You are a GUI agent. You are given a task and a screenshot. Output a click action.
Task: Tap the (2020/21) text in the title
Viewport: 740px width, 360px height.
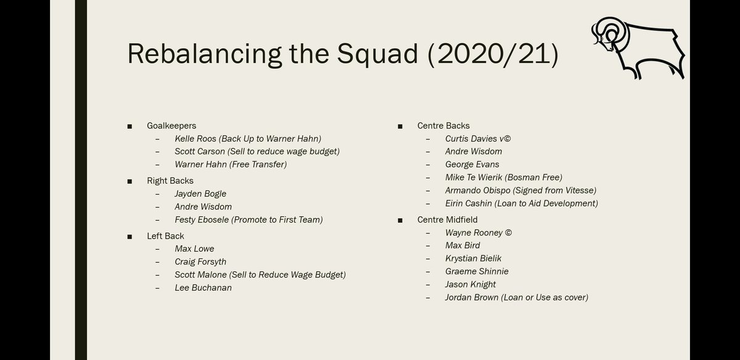[x=493, y=54]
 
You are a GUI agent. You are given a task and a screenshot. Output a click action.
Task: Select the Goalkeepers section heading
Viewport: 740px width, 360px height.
[x=171, y=126]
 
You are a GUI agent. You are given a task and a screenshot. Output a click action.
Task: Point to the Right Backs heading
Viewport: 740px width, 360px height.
[x=170, y=181]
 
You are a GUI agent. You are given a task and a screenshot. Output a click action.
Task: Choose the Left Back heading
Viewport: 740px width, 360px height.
[x=165, y=236]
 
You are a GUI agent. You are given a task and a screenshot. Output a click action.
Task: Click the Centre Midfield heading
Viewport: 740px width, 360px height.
[x=447, y=219]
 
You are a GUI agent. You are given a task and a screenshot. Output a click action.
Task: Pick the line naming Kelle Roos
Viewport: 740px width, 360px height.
[x=248, y=139]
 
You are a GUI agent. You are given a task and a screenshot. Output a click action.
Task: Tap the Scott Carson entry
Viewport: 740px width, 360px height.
[x=257, y=152]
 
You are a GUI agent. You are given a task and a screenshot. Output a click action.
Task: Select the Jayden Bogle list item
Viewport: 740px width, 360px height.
[x=200, y=194]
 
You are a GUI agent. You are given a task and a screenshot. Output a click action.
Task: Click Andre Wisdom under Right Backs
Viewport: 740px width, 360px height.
[x=203, y=207]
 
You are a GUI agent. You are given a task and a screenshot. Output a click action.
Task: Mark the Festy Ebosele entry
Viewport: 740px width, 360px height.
[x=249, y=219]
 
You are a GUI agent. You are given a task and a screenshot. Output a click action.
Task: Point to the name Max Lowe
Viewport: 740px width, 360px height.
[x=194, y=249]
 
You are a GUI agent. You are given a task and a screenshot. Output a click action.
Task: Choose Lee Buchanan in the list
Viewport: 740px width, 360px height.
[x=203, y=288]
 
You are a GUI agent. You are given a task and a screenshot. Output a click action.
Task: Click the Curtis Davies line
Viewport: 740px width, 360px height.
[x=478, y=139]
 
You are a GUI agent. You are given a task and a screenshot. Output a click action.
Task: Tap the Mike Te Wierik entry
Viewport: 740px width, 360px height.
[x=503, y=178]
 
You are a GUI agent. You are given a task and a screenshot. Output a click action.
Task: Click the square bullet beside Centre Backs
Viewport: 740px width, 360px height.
[x=400, y=126]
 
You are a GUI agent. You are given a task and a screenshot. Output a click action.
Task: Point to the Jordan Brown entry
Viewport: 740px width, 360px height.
[x=516, y=297]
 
